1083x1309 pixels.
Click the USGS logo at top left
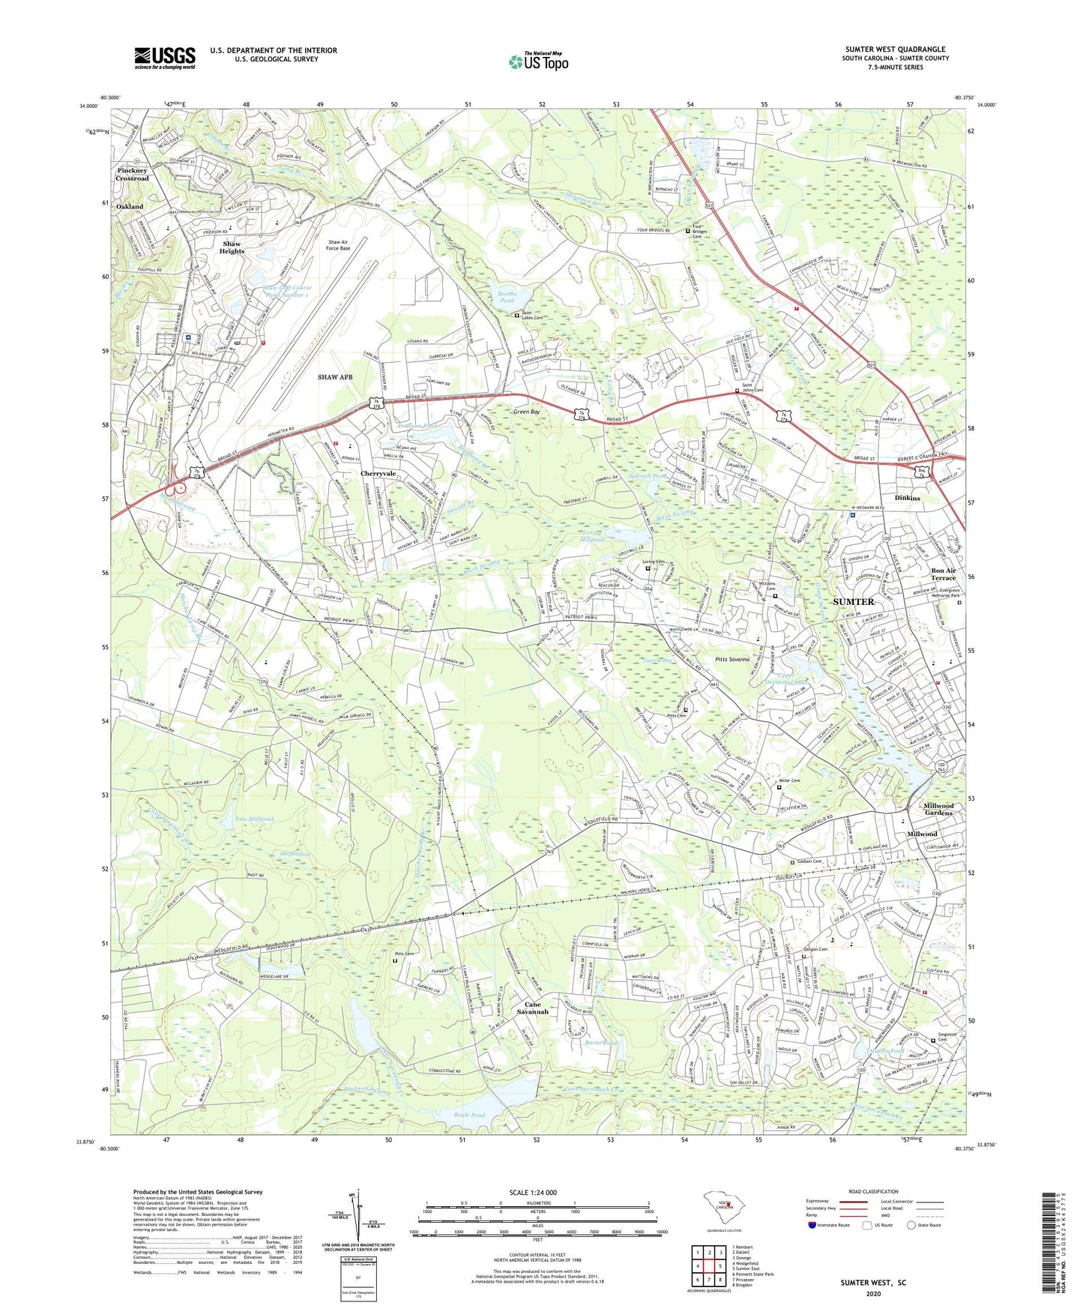point(164,58)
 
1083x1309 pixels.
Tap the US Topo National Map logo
point(537,61)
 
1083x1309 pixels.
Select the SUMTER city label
point(854,602)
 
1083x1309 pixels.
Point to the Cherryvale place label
point(378,474)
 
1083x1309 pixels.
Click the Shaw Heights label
point(232,247)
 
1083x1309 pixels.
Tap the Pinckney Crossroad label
point(133,175)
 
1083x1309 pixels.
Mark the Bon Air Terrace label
point(943,574)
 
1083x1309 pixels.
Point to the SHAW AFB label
point(334,377)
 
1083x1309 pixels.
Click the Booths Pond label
point(507,296)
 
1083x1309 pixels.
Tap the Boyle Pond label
point(469,1115)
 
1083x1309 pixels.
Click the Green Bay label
point(526,412)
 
